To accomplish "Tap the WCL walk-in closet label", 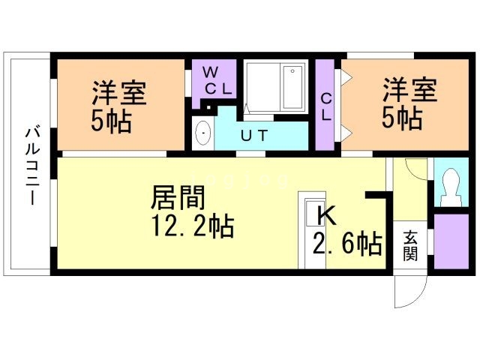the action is pyautogui.click(x=217, y=81).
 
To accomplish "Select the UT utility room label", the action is pyautogui.click(x=254, y=136).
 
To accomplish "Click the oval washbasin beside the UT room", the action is pyautogui.click(x=203, y=133).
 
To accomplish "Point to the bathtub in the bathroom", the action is pyautogui.click(x=293, y=87).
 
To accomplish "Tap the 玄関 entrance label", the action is pyautogui.click(x=410, y=246).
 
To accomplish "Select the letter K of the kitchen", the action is pyautogui.click(x=326, y=215).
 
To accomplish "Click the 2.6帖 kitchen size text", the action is pyautogui.click(x=347, y=244).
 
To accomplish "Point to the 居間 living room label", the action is pyautogui.click(x=178, y=197).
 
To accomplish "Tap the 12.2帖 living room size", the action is pyautogui.click(x=193, y=226).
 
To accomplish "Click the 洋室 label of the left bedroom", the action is pyautogui.click(x=120, y=92).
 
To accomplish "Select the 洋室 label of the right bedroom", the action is pyautogui.click(x=410, y=89).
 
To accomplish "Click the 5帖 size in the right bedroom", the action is pyautogui.click(x=402, y=118).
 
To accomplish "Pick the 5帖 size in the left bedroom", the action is pyautogui.click(x=112, y=121).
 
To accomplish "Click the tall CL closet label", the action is pyautogui.click(x=326, y=106).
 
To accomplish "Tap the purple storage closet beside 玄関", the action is pyautogui.click(x=451, y=241).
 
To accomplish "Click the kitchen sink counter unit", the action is pyautogui.click(x=312, y=230).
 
